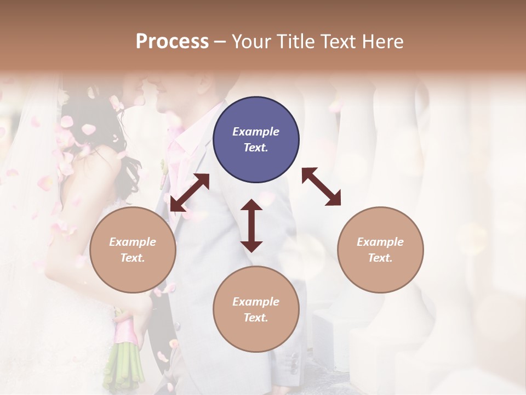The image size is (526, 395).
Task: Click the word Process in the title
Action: point(172,42)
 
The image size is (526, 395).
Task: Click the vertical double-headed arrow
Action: point(251,226)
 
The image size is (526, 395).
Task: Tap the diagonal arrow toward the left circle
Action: point(190,193)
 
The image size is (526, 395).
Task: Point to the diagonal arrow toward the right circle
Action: point(322,187)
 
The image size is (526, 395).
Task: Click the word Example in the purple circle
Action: point(256,132)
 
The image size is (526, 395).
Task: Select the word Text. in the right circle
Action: point(380,258)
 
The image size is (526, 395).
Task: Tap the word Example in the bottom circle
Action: point(256,302)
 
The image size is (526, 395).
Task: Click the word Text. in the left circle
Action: point(133,258)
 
